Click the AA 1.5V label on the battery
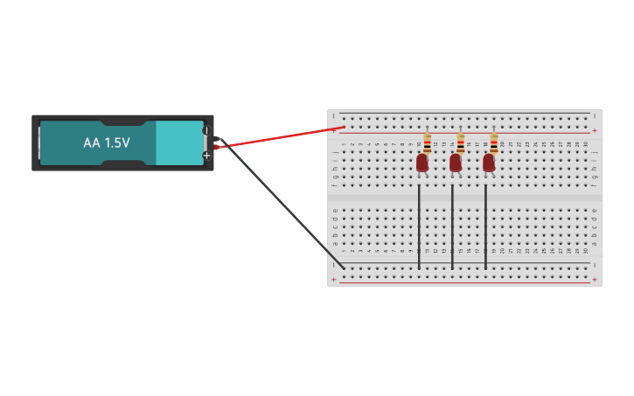(106, 142)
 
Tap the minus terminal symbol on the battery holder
(206, 130)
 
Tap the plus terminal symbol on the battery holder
(206, 156)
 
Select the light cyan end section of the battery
(178, 142)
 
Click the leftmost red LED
(422, 163)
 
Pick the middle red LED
(456, 163)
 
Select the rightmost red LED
(489, 163)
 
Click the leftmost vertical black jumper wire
(419, 227)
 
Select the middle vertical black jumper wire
(452, 227)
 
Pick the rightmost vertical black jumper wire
(485, 227)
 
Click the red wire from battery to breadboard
(280, 137)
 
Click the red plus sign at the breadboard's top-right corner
(595, 131)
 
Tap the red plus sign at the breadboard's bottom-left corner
(333, 280)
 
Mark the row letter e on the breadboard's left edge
(334, 209)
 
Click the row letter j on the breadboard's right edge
(595, 152)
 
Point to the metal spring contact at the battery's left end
(38, 142)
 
